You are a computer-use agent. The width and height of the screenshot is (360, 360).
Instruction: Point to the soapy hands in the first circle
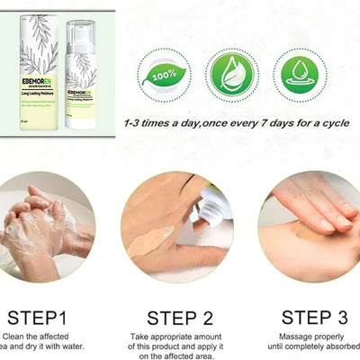tap(40, 225)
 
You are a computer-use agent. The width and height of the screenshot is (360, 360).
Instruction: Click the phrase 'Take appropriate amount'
tap(179, 335)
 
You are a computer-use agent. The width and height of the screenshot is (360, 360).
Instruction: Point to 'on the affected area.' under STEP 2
tap(179, 355)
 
